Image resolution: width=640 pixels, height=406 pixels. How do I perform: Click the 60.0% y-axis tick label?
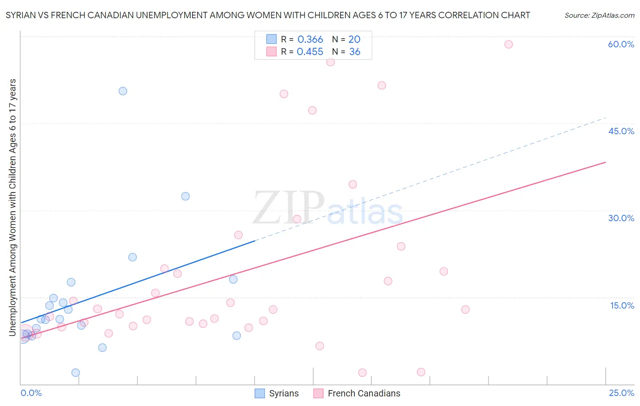621,44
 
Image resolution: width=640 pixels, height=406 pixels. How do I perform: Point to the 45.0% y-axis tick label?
621,131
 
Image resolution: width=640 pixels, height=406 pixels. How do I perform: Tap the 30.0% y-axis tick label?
621,218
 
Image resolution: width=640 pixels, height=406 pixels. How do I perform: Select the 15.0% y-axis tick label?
622,305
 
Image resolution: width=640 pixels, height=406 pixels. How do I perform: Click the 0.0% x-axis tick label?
31,393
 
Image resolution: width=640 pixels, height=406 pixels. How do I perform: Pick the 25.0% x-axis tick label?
621,393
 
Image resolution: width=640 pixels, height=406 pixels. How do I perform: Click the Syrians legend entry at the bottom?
277,393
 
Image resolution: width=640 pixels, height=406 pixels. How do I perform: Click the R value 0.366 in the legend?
310,39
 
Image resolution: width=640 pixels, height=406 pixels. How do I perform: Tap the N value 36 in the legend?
355,52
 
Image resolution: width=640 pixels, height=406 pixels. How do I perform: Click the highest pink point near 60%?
508,44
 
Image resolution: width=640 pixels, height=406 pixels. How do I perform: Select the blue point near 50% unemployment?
123,91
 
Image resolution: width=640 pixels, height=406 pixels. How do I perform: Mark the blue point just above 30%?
185,196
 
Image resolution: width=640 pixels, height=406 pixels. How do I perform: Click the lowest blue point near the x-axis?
76,373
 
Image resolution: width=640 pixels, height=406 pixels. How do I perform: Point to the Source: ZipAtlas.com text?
599,15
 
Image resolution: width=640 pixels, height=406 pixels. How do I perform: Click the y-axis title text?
12,207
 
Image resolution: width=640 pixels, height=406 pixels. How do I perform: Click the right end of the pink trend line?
605,162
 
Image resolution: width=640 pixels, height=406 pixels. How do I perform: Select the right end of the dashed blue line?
605,117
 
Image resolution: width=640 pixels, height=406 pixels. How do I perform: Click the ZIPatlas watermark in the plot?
328,208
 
